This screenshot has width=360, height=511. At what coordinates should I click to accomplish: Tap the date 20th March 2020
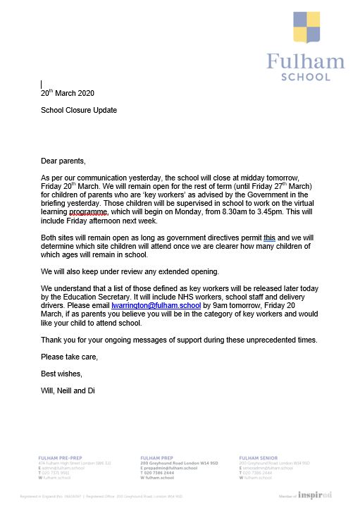pos(67,93)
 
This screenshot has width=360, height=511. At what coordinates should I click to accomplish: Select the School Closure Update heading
pos(78,111)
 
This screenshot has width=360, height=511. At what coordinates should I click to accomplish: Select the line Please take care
pos(67,357)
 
